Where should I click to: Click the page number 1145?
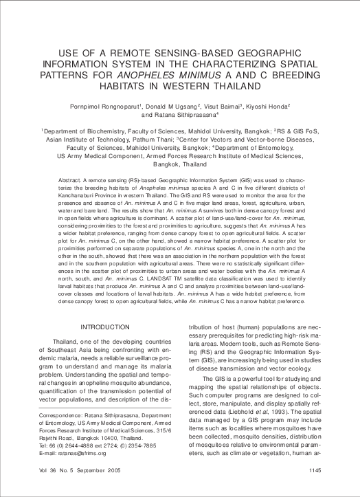(x=315, y=470)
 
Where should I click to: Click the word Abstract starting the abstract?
(x=71, y=178)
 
